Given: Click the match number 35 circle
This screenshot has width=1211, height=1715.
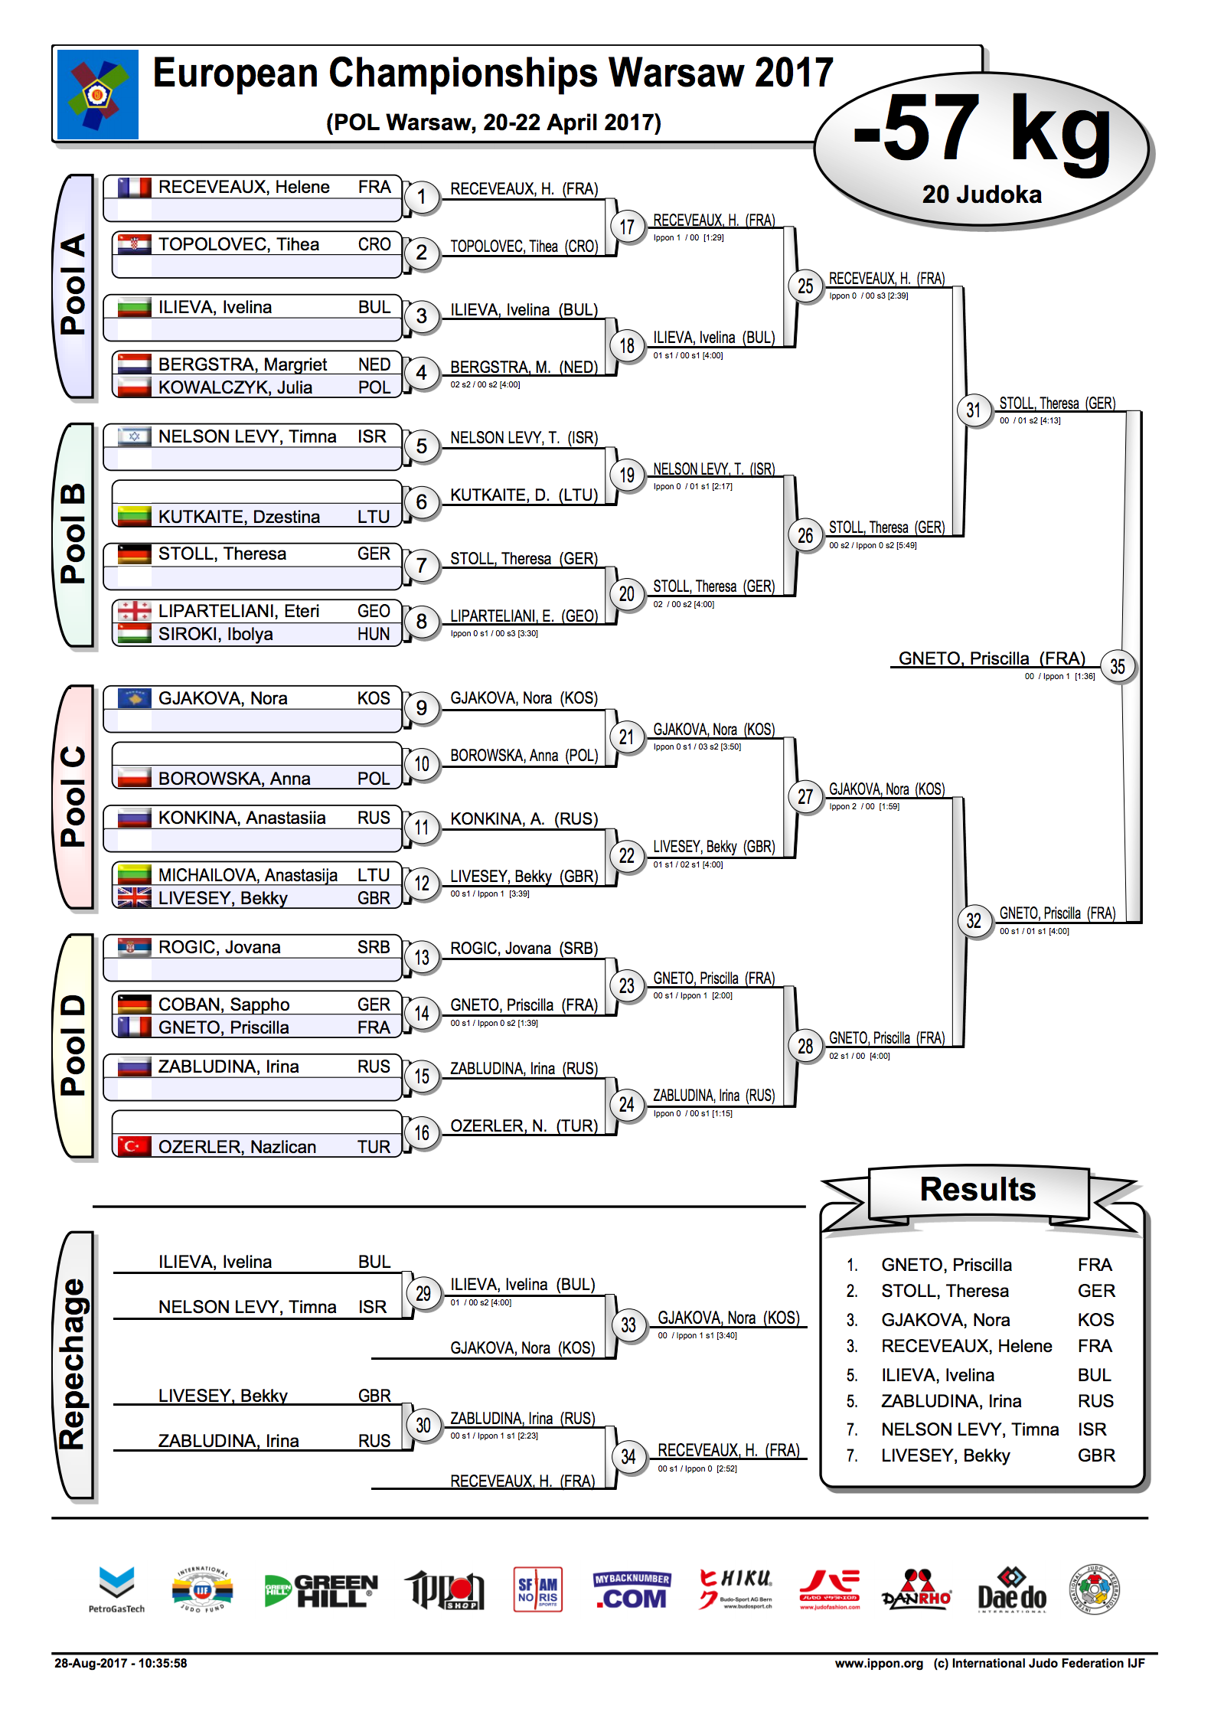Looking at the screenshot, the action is pyautogui.click(x=1117, y=667).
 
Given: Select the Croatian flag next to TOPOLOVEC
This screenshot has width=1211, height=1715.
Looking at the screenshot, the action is pyautogui.click(x=134, y=244).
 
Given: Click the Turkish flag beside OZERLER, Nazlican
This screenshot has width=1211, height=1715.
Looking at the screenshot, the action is pyautogui.click(x=134, y=1146).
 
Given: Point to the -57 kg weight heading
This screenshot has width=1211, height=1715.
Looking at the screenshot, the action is pyautogui.click(x=983, y=129).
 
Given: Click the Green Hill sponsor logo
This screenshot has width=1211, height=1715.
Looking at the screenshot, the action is pyautogui.click(x=321, y=1590).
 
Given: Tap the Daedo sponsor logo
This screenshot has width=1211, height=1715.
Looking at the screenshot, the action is pyautogui.click(x=1011, y=1590).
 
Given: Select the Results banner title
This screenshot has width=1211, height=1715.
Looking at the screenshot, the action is pyautogui.click(x=978, y=1189).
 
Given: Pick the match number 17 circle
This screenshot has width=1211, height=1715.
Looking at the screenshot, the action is pyautogui.click(x=627, y=227).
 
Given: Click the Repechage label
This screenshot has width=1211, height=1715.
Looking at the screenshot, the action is pyautogui.click(x=73, y=1364).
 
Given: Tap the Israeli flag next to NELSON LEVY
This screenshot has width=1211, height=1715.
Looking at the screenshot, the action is pyautogui.click(x=134, y=436).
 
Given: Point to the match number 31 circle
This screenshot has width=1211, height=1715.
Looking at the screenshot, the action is pyautogui.click(x=973, y=410).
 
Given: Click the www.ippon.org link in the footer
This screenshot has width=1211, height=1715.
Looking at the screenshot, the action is pyautogui.click(x=879, y=1663).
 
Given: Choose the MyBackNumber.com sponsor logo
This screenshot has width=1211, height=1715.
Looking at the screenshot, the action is pyautogui.click(x=632, y=1590).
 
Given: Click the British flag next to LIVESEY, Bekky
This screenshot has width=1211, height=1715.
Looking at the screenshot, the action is pyautogui.click(x=134, y=897).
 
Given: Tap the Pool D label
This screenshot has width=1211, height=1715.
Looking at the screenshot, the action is pyautogui.click(x=73, y=1045).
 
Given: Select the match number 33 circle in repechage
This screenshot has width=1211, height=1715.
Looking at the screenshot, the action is pyautogui.click(x=628, y=1325).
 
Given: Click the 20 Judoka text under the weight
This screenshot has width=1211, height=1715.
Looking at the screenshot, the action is pyautogui.click(x=982, y=194).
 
